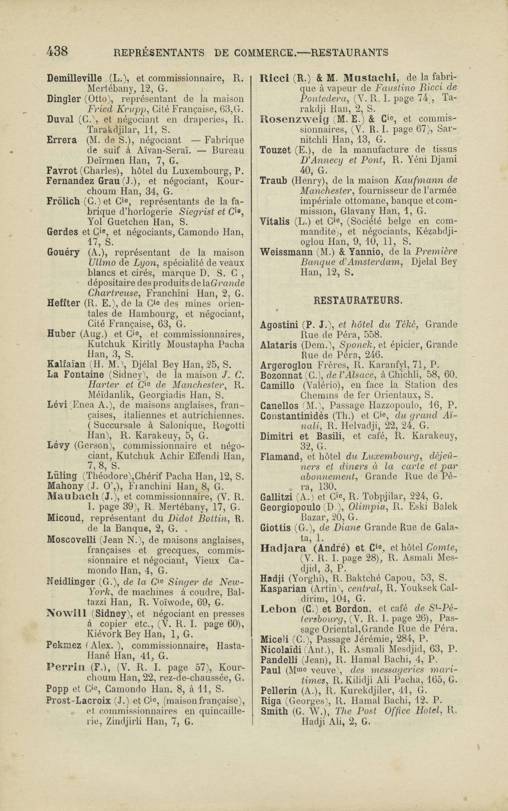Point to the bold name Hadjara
tap(283, 548)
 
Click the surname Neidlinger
tap(71, 582)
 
